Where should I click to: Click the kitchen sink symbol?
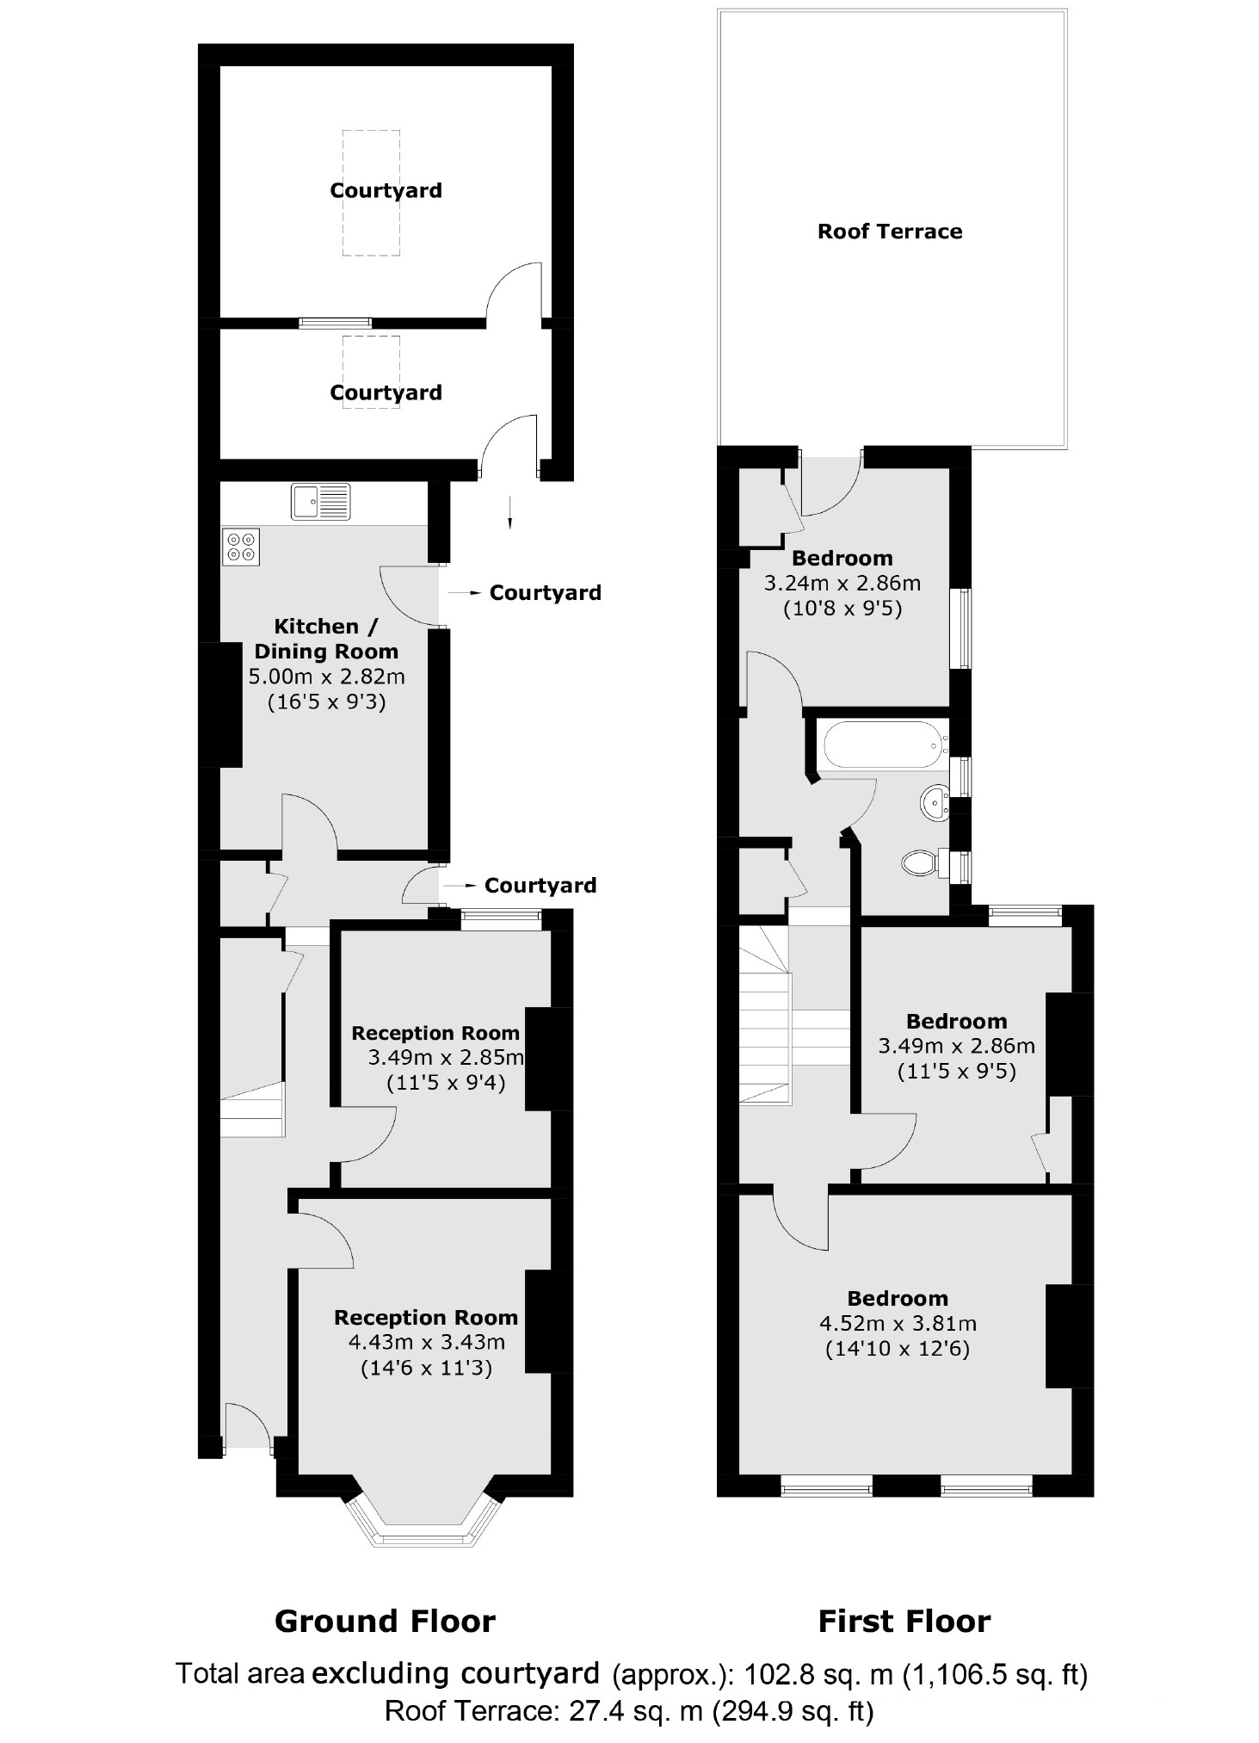click(x=321, y=502)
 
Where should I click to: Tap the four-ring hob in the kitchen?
click(x=241, y=547)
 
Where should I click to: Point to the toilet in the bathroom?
click(x=920, y=862)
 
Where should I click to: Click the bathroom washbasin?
click(x=934, y=803)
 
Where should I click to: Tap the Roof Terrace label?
click(x=889, y=232)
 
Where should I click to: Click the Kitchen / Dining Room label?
click(x=326, y=639)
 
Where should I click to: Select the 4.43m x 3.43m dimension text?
click(x=426, y=1342)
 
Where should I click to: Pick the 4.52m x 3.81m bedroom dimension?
click(x=898, y=1323)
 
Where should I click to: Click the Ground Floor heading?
click(x=385, y=1622)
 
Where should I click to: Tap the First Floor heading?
click(x=904, y=1622)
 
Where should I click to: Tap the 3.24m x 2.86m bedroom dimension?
click(x=842, y=584)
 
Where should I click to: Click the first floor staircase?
click(x=765, y=1016)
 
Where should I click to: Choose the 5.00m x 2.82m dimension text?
click(x=326, y=677)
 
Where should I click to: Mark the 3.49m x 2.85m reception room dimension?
click(x=445, y=1057)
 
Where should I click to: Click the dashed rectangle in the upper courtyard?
click(x=371, y=192)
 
